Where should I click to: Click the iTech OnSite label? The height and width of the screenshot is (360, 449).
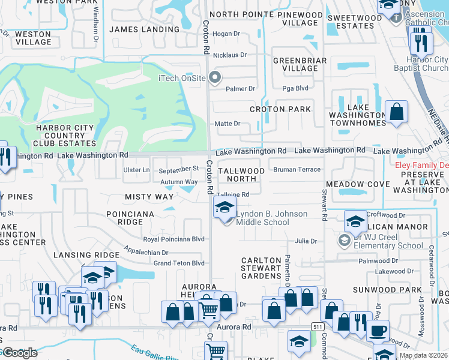tap(181, 78)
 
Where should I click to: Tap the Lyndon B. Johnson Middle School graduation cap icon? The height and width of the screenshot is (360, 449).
tap(224, 208)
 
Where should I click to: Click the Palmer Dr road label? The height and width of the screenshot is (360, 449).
tap(240, 89)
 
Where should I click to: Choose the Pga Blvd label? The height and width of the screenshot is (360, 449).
tap(295, 89)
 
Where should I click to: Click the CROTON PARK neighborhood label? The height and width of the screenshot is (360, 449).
tap(281, 109)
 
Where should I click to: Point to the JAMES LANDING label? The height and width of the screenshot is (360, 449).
tap(145, 29)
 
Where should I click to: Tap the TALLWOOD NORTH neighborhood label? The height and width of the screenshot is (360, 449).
tap(241, 175)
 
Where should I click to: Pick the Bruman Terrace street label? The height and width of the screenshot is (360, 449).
tap(297, 170)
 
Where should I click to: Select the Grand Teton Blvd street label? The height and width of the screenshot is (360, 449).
tap(179, 263)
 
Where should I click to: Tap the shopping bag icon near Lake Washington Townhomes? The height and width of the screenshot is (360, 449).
tap(396, 112)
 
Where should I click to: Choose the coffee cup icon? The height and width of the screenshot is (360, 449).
tap(378, 330)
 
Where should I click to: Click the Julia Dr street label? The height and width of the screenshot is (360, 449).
tap(306, 241)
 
